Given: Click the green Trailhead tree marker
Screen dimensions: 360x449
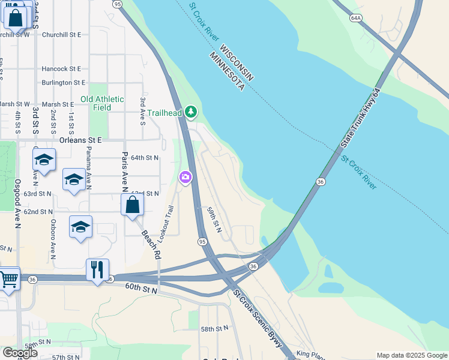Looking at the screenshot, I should click(x=191, y=112).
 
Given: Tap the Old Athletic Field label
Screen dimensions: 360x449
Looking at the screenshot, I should click(x=102, y=103).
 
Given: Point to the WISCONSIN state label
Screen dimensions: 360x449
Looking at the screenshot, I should click(x=236, y=62).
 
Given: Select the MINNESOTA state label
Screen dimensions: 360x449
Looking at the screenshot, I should click(x=226, y=71).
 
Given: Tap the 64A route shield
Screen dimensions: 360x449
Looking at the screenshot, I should click(x=356, y=18).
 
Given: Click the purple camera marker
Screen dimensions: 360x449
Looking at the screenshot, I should click(x=185, y=177).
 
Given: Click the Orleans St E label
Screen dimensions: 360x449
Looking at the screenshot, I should click(x=80, y=140).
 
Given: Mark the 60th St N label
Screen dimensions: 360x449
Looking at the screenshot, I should click(x=141, y=289).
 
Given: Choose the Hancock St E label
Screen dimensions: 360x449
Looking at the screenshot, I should click(x=61, y=70).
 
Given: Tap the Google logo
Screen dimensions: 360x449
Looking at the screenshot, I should click(x=19, y=353).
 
